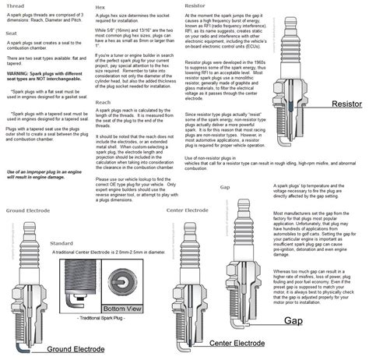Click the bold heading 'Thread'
click(14, 5)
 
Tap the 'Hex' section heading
click(100, 5)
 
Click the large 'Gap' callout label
click(293, 320)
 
